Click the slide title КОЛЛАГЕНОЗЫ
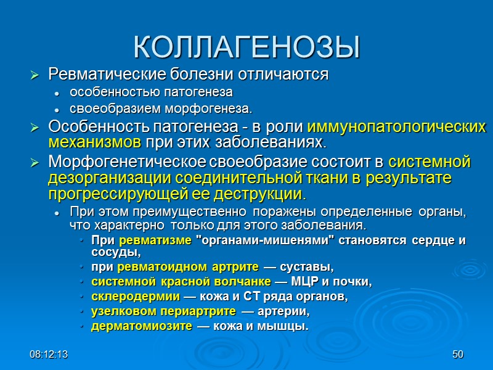pos(246,47)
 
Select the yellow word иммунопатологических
pos(396,127)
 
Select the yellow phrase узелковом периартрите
pos(163,311)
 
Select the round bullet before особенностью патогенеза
pos(57,94)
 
